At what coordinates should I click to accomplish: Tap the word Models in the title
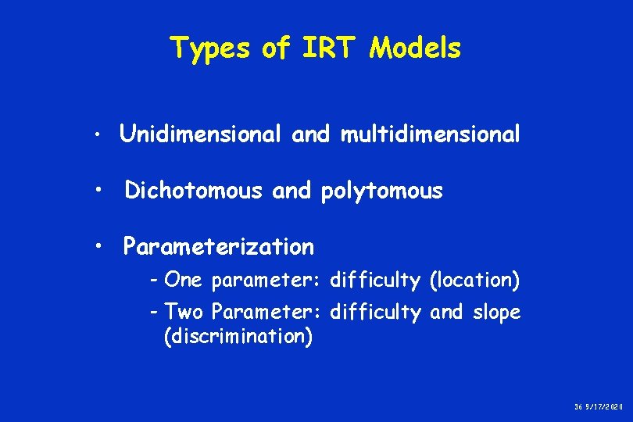(416, 49)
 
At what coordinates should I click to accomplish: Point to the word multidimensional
(430, 134)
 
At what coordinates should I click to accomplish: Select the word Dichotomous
(193, 190)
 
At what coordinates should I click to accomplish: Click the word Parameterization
(219, 247)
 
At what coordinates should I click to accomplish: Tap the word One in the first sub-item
(184, 279)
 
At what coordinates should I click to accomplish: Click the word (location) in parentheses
(473, 279)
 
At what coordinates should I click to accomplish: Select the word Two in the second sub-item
(184, 313)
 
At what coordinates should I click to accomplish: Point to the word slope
(496, 313)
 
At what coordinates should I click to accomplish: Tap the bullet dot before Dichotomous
(98, 191)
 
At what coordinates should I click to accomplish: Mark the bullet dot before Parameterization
(98, 248)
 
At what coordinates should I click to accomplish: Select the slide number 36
(579, 407)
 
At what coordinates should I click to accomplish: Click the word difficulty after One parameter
(375, 279)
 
